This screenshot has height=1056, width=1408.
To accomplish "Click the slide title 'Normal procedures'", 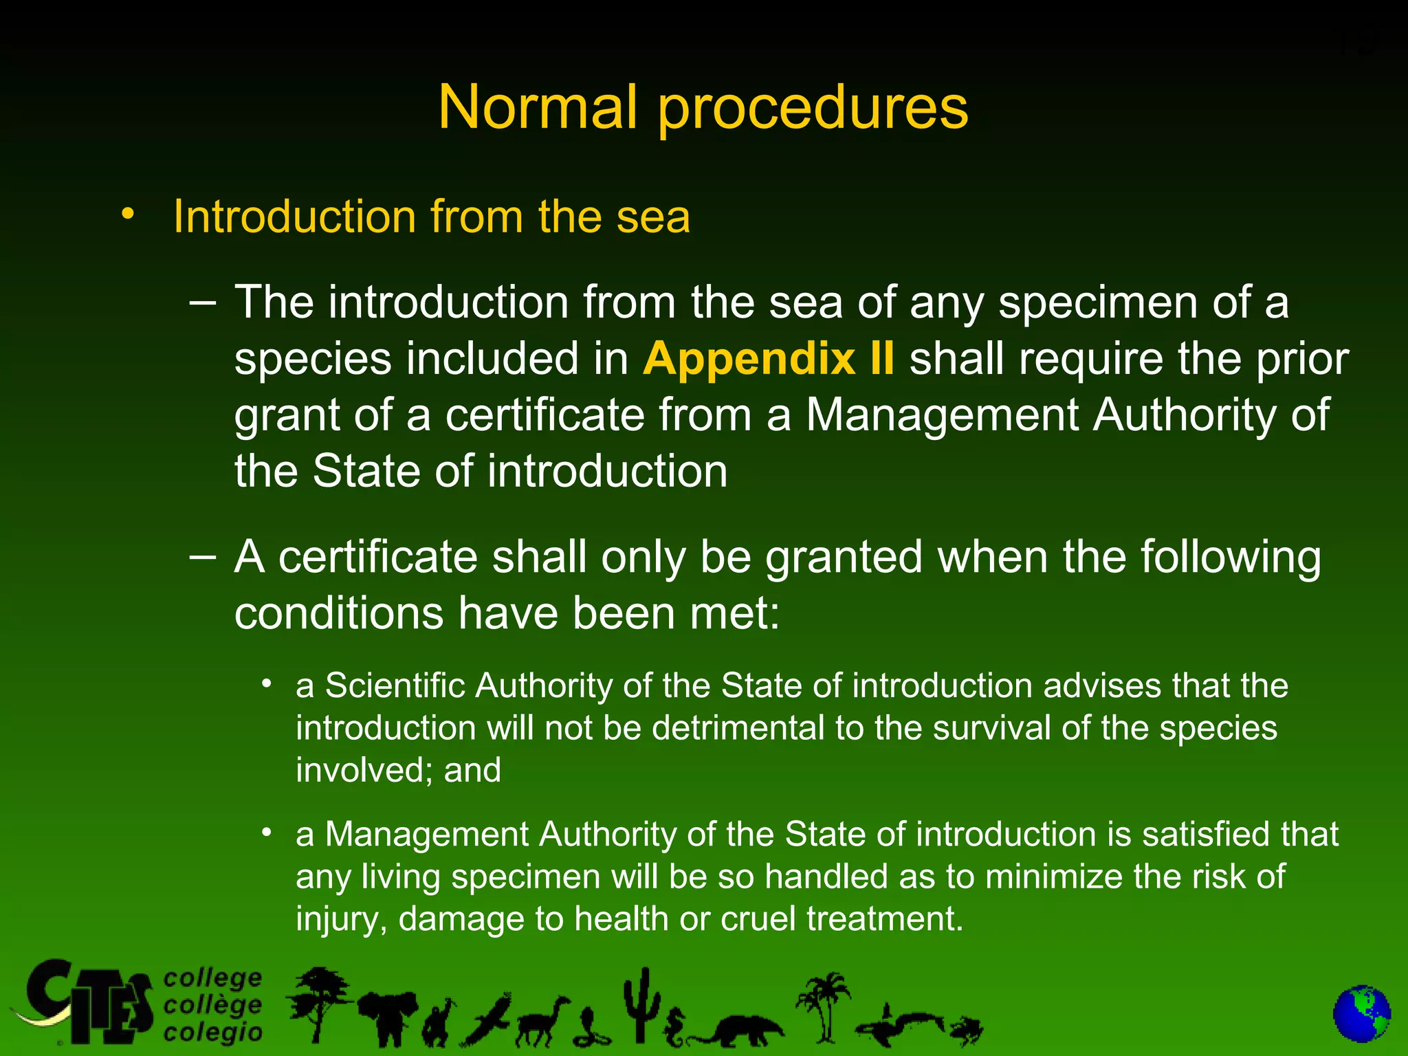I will (x=703, y=107).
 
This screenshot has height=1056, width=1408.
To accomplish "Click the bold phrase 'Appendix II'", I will (x=769, y=358).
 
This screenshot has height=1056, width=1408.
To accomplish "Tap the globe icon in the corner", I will (x=1361, y=1014).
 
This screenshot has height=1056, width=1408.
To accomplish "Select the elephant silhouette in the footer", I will (x=387, y=1017).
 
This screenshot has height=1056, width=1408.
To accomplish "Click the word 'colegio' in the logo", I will (x=213, y=1033).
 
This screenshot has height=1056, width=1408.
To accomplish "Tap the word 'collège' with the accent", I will (x=213, y=1005).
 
